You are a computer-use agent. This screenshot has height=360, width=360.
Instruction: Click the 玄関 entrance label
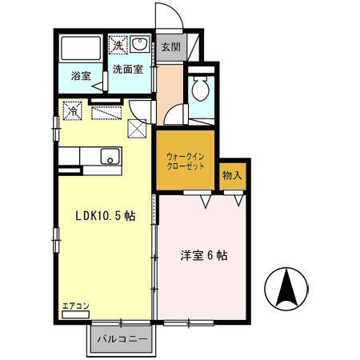(170, 46)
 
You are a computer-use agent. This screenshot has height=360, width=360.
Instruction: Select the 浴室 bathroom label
(81, 76)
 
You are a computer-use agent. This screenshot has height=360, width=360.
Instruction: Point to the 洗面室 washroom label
(128, 70)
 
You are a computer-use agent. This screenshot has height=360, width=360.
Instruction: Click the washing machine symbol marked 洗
(117, 43)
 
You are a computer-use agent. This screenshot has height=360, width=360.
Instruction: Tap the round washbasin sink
(141, 44)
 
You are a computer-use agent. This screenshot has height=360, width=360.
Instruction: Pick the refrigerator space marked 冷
(73, 110)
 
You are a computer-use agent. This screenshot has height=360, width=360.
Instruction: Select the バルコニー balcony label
(122, 339)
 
